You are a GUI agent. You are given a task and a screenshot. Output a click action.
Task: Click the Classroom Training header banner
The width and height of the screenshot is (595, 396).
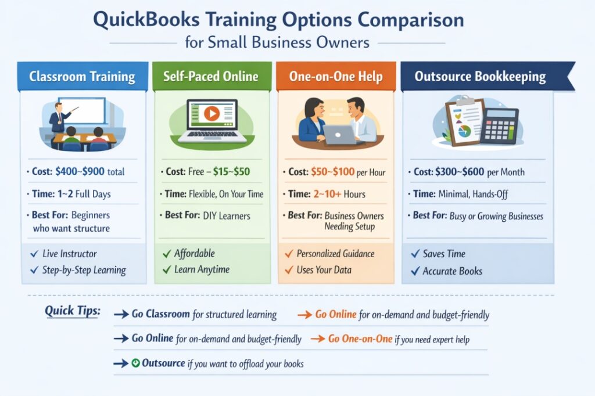coord(82,77)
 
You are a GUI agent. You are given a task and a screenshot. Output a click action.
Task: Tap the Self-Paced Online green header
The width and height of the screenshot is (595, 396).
coord(211,77)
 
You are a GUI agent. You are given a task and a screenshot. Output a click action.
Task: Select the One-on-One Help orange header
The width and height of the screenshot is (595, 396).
coord(335,77)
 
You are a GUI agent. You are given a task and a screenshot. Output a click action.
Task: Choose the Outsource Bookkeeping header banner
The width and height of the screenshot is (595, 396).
coord(480,77)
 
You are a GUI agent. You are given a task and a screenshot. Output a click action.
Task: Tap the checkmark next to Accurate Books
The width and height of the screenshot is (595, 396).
coord(415,271)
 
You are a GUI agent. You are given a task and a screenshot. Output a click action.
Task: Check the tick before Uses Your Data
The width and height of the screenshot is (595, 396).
coord(288,270)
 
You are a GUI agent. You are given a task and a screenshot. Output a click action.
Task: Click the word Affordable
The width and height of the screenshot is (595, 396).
coord(195,253)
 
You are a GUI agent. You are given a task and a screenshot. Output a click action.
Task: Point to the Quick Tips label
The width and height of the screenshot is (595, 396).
coord(72,311)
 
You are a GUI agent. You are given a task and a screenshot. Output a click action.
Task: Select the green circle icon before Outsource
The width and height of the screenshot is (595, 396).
coord(135,363)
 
